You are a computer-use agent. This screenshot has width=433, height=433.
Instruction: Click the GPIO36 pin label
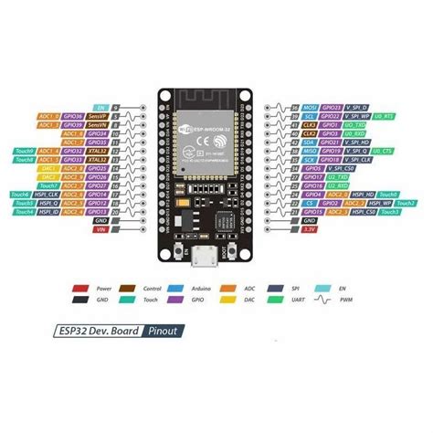coord(73,117)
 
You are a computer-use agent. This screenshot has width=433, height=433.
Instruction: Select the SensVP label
coord(97,117)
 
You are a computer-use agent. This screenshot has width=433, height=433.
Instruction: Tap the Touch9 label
coord(24,150)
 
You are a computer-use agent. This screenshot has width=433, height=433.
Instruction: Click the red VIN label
coord(100,229)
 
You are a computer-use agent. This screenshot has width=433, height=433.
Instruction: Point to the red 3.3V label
coord(311,229)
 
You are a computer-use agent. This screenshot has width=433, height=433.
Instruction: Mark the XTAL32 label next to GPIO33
coord(98,159)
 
